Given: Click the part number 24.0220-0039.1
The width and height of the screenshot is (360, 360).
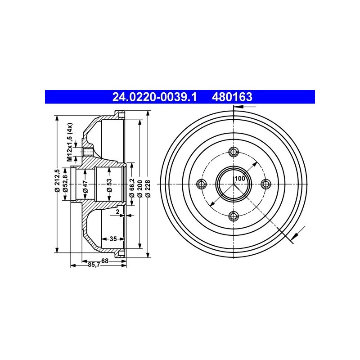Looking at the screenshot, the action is [x=154, y=97].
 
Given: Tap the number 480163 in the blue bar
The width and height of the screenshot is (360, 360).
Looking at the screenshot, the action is [x=232, y=97].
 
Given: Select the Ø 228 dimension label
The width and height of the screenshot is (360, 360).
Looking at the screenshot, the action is [x=148, y=189].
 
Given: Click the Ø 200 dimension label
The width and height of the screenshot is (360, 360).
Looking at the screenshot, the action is [x=139, y=189].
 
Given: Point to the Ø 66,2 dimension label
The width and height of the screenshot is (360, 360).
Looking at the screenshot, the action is [x=132, y=188].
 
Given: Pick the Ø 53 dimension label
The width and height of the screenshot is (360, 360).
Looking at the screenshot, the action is [x=109, y=185].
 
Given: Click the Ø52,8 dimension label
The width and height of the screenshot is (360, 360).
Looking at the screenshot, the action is [x=65, y=183].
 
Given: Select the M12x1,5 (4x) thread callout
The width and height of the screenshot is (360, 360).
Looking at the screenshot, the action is [x=70, y=142].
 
